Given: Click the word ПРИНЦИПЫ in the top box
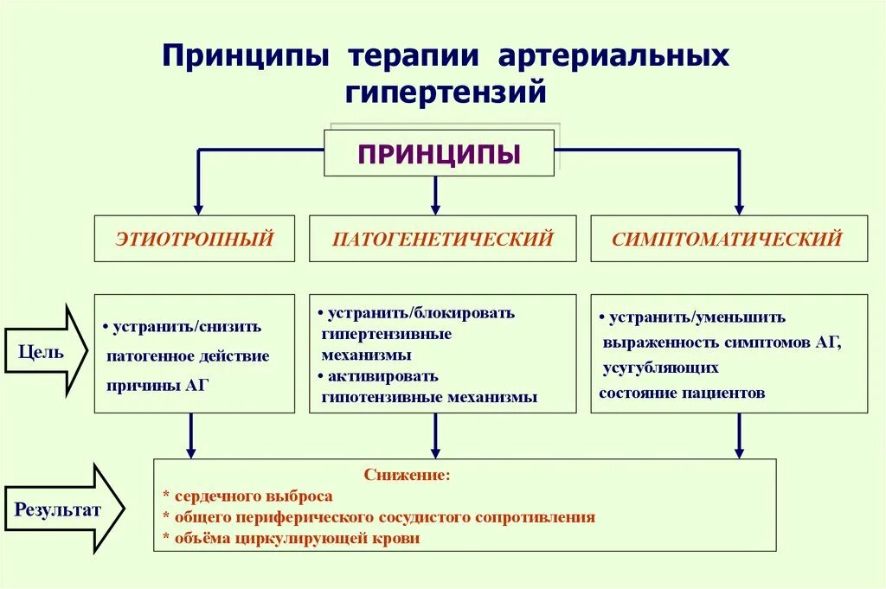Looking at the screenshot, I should (x=439, y=154).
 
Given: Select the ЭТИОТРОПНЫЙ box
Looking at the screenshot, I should (x=194, y=239).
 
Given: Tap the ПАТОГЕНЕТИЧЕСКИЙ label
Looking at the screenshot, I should (x=442, y=239).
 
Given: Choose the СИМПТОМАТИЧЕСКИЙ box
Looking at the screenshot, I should (x=727, y=239).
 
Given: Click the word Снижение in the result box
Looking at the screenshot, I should (x=407, y=475).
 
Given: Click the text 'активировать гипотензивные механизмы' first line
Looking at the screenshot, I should (x=382, y=377).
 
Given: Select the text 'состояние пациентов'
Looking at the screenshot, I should (x=682, y=393).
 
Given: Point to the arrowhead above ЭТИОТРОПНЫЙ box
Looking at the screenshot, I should (x=198, y=208).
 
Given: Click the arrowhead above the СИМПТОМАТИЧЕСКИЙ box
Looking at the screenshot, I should (x=739, y=208).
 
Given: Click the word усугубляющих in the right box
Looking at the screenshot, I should (x=661, y=368).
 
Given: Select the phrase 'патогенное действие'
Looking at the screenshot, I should (x=188, y=356).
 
